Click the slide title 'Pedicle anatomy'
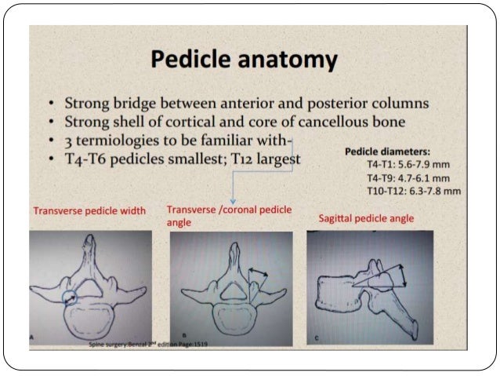(x=244, y=60)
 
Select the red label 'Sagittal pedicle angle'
(x=366, y=217)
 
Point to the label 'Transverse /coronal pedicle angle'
(x=228, y=216)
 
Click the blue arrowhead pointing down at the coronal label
(x=233, y=201)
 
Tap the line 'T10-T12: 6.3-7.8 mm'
(x=413, y=190)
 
